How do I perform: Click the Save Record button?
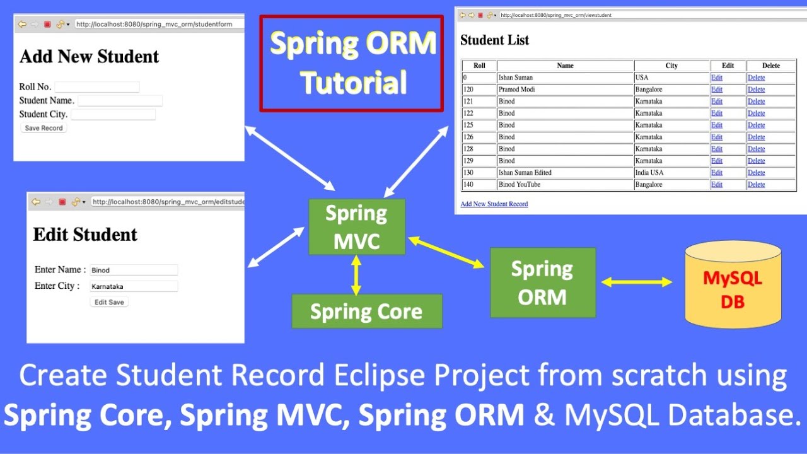(x=44, y=128)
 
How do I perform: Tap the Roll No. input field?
(x=96, y=87)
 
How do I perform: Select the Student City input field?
(x=113, y=114)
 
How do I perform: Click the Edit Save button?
(x=109, y=302)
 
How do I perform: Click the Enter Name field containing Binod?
(x=134, y=270)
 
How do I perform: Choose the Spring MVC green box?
(x=356, y=227)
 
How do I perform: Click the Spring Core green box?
(x=366, y=311)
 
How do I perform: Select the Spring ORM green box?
(x=542, y=282)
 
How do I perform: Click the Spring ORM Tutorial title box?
(x=352, y=64)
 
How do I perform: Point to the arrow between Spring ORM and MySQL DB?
(x=637, y=282)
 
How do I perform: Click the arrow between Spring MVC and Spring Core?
(x=356, y=275)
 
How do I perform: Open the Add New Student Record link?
(x=494, y=204)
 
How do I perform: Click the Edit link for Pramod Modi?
(x=717, y=90)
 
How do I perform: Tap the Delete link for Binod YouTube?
(x=756, y=185)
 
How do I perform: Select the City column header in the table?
(x=671, y=66)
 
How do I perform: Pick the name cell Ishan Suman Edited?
(x=525, y=173)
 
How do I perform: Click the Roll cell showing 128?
(x=468, y=149)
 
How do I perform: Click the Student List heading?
(x=494, y=40)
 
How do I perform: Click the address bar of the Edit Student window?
(x=167, y=202)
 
